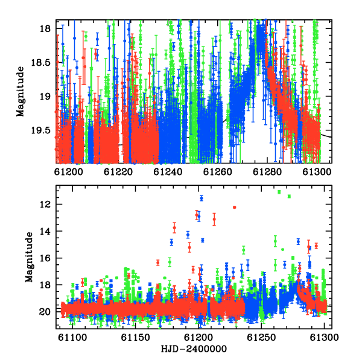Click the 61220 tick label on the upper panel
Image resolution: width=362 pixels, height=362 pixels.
118,172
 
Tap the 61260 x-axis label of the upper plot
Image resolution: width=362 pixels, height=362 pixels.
217,172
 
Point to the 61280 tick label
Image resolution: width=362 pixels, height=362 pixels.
267,172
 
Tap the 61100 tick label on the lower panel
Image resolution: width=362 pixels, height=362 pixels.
72,337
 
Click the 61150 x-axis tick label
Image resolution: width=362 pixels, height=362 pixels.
136,337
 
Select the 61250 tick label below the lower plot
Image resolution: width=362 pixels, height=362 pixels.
261,337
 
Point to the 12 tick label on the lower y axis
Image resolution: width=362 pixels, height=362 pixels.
45,205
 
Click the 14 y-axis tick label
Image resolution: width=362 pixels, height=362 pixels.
45,231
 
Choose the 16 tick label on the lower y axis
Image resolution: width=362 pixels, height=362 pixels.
45,258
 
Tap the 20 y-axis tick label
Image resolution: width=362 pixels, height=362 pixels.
45,312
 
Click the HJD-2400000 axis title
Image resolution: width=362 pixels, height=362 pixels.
194,349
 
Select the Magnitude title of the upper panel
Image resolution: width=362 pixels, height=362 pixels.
21,92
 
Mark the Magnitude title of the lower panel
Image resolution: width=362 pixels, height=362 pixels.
29,257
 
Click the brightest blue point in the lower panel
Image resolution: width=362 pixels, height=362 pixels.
202,198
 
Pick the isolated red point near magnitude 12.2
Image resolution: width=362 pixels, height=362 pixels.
235,208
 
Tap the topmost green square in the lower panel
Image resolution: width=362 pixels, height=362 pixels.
279,192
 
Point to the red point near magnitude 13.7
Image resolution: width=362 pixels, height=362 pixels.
174,227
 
